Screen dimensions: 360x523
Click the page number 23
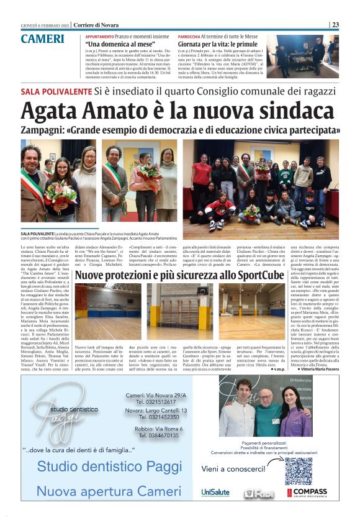point(335,25)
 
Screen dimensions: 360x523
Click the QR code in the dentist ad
point(298,470)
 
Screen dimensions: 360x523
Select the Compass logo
point(308,492)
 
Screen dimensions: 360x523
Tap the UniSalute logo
point(215,492)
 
